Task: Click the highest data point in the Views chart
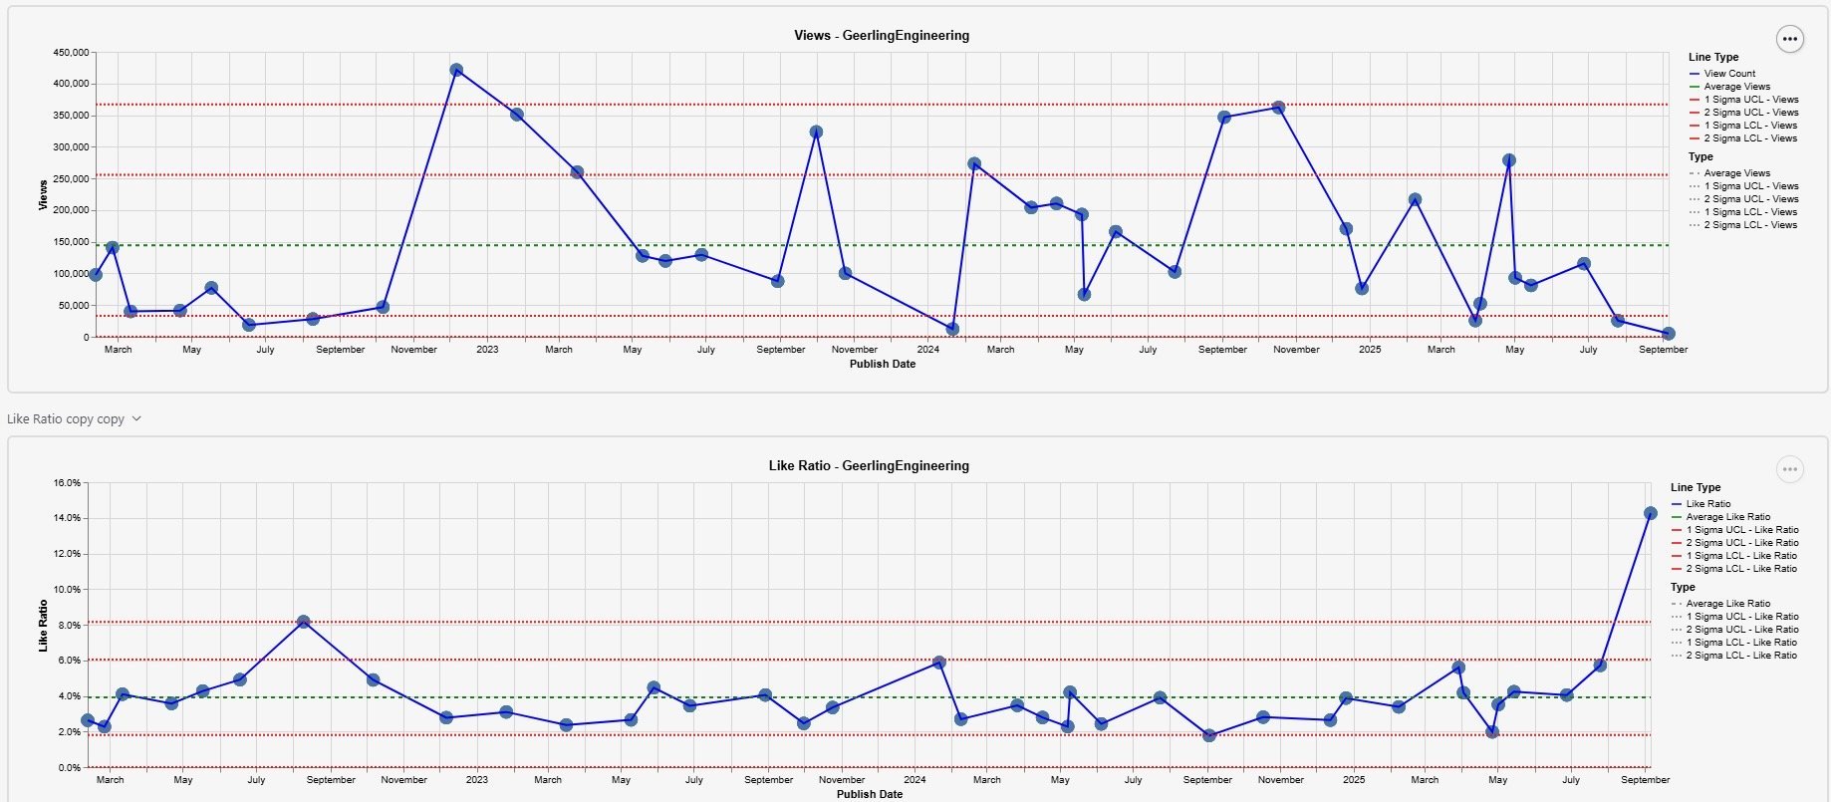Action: click(456, 71)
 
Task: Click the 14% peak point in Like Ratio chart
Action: click(1650, 514)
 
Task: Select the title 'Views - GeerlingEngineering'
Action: click(881, 36)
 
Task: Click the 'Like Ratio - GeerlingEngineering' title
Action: click(868, 466)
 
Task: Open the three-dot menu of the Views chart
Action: click(1789, 40)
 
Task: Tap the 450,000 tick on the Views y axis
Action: click(71, 53)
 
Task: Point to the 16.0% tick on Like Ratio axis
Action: click(67, 483)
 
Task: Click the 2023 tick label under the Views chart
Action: click(487, 350)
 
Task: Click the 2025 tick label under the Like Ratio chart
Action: click(1353, 780)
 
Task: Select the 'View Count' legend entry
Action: click(1728, 74)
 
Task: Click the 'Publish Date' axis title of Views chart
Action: click(882, 365)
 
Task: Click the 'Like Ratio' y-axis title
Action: click(43, 626)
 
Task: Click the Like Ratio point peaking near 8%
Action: click(304, 622)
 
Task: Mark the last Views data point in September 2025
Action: click(1668, 334)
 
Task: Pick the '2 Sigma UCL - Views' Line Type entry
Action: click(1750, 113)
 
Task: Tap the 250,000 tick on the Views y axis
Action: click(71, 179)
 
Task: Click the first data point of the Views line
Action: click(96, 275)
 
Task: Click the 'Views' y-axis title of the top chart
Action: click(43, 194)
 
